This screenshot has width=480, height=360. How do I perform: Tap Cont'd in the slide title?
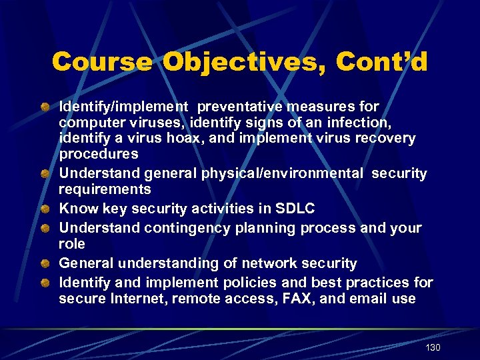(x=382, y=62)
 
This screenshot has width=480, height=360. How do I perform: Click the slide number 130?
(x=433, y=347)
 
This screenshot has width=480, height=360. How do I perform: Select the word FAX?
(x=293, y=299)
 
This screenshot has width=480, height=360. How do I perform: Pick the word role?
(x=72, y=244)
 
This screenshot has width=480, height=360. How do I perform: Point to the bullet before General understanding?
(x=44, y=263)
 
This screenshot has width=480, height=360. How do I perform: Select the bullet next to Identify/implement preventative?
(x=44, y=107)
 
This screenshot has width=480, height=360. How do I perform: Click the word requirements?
(x=105, y=189)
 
